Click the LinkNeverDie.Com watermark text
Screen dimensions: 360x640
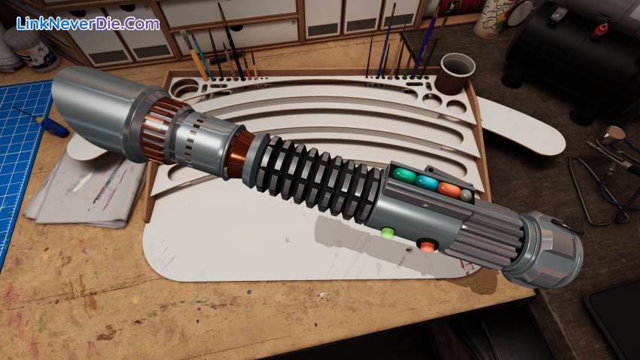88,23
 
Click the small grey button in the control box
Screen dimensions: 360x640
467,196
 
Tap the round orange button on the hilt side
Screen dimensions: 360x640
427,246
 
